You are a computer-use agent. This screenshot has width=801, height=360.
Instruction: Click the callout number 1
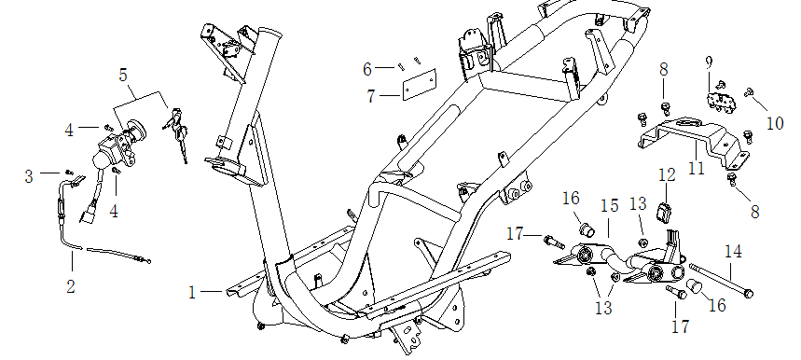coord(192,293)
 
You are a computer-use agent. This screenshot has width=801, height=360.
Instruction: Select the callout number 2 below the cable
coord(71,286)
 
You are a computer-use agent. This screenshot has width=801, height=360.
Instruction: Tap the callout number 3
coord(29,176)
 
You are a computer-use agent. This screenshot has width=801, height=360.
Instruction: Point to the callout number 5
coord(123,75)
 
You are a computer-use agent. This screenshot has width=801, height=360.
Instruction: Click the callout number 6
coord(367,69)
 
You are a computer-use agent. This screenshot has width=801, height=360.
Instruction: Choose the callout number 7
coord(371,96)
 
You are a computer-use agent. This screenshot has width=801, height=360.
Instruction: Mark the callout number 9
coord(709,62)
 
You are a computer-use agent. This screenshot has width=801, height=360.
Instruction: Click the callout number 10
coord(775,123)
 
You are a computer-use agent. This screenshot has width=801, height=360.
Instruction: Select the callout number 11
coord(697,168)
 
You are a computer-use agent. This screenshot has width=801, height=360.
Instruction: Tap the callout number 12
coord(667,175)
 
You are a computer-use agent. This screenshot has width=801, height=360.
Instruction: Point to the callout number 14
coord(734,252)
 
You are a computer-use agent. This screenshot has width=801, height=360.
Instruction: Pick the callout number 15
coord(610,206)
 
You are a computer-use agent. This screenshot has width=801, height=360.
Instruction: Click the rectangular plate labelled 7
coord(419,84)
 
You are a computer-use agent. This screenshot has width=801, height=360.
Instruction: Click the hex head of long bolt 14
coord(749,294)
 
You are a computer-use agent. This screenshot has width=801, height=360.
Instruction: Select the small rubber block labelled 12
coord(665,213)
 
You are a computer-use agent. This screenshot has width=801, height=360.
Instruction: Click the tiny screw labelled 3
coord(70,173)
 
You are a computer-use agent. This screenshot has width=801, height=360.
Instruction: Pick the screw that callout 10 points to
coord(750,92)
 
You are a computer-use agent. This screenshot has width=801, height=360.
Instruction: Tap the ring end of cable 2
coord(147,261)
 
